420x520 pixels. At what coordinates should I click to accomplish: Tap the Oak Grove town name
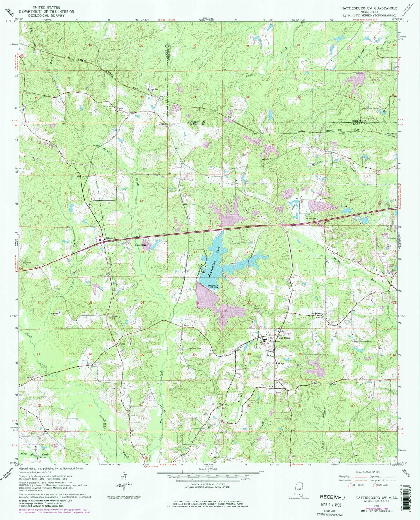(285, 338)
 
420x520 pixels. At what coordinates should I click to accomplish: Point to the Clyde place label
(120, 108)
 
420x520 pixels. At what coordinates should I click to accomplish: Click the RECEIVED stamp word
(332, 497)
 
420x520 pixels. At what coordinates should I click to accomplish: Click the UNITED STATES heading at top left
(46, 7)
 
